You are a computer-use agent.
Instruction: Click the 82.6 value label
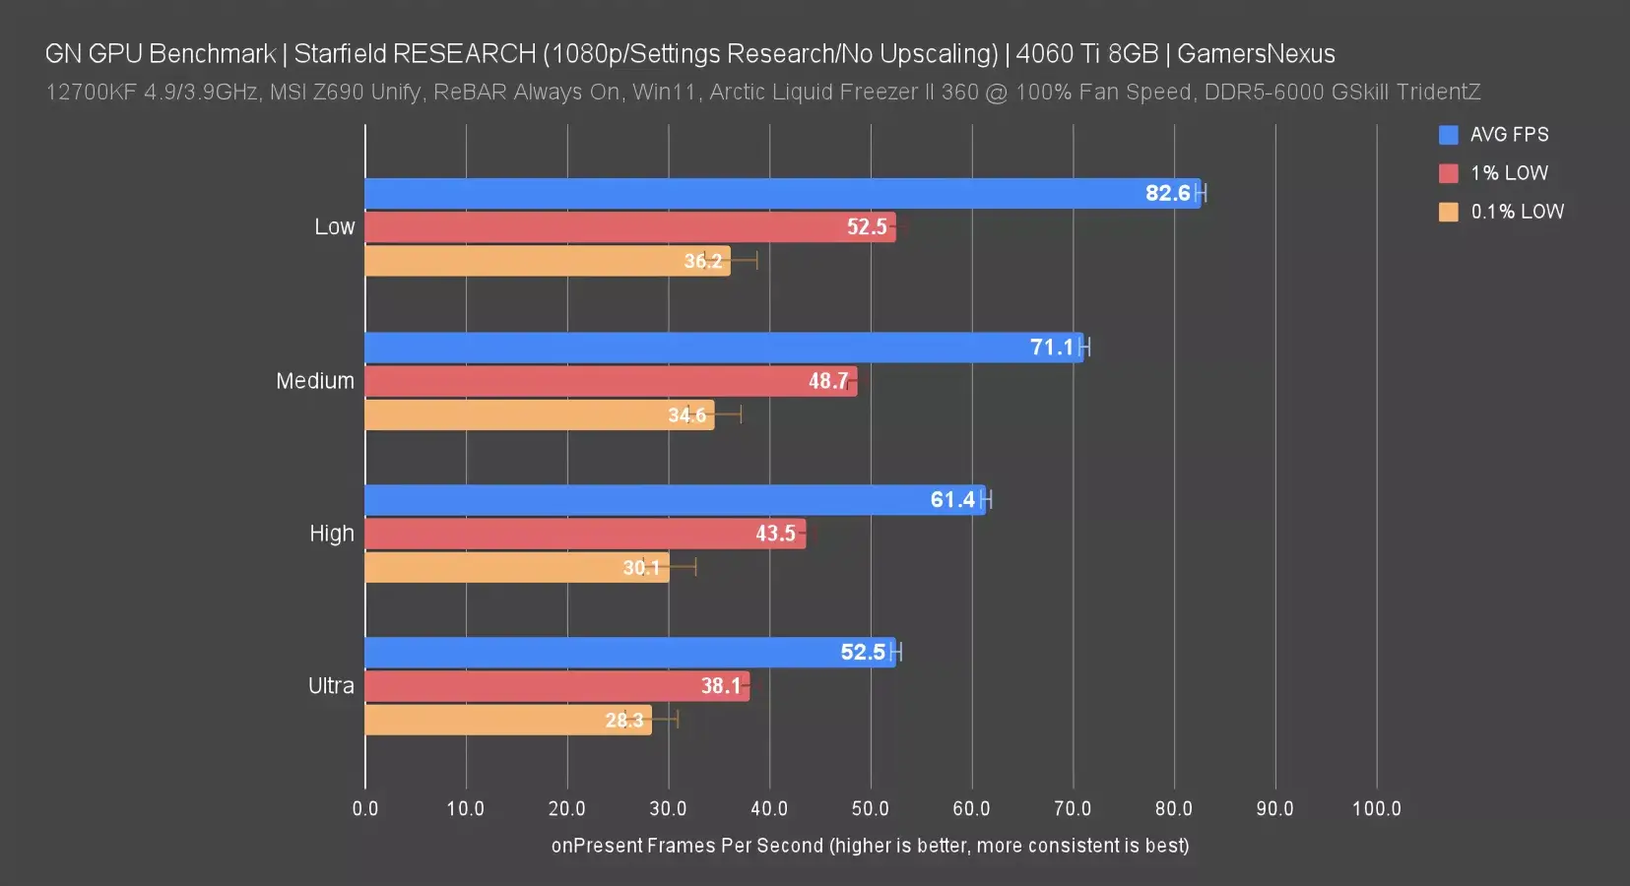(x=1167, y=193)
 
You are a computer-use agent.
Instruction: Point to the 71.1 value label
(x=1052, y=347)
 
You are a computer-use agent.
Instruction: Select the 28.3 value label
(x=623, y=720)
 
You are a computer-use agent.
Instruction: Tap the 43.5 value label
(x=775, y=534)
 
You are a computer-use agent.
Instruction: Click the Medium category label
(x=315, y=381)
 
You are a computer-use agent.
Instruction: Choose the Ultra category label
(x=331, y=685)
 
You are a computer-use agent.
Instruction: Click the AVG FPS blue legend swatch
(x=1448, y=135)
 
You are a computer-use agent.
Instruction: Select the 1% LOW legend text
(x=1509, y=173)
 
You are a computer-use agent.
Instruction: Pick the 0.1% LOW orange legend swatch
(x=1448, y=212)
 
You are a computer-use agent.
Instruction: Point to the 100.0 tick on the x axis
(x=1376, y=808)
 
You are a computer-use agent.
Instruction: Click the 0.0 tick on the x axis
(x=365, y=808)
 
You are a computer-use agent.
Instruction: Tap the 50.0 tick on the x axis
(x=871, y=808)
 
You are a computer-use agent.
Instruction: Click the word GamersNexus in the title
(x=1256, y=53)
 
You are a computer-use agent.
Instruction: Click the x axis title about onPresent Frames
(x=870, y=846)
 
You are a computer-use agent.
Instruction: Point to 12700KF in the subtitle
(x=91, y=92)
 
